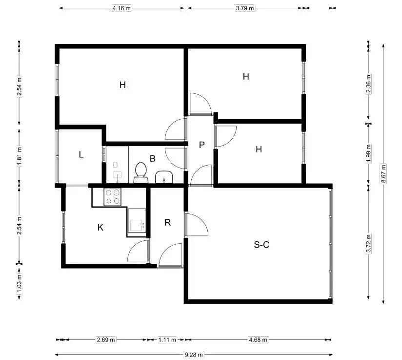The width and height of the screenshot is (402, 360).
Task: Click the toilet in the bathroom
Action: [x=141, y=172]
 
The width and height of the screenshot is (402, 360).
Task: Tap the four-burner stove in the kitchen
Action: [x=113, y=197]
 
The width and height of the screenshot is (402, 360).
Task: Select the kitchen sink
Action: [x=137, y=226]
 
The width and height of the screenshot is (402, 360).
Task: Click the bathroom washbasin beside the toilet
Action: [x=164, y=177]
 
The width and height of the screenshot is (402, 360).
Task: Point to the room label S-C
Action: [x=261, y=245]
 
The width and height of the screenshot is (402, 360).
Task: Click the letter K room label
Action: [x=100, y=227]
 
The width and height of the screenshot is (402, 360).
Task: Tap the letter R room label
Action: [x=167, y=222]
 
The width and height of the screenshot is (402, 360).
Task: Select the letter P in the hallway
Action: [x=202, y=145]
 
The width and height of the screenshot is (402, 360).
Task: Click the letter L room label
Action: [x=81, y=154]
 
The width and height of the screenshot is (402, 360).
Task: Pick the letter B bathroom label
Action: [x=153, y=158]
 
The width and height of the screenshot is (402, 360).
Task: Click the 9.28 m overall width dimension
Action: [x=194, y=355]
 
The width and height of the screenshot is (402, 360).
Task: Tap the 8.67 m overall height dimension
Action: [x=383, y=173]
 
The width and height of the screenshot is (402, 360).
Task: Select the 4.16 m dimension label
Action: [x=121, y=8]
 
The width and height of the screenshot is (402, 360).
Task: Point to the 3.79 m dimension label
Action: [x=245, y=8]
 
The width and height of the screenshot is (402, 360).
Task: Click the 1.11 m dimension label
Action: [x=167, y=339]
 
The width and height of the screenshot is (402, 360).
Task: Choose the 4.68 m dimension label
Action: [x=258, y=339]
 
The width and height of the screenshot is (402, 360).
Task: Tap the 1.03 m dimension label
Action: [x=19, y=283]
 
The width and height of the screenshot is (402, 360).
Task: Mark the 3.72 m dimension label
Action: [x=369, y=244]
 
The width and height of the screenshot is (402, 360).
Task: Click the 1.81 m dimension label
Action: [x=19, y=156]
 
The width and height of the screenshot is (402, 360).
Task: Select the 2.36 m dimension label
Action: [x=369, y=84]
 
